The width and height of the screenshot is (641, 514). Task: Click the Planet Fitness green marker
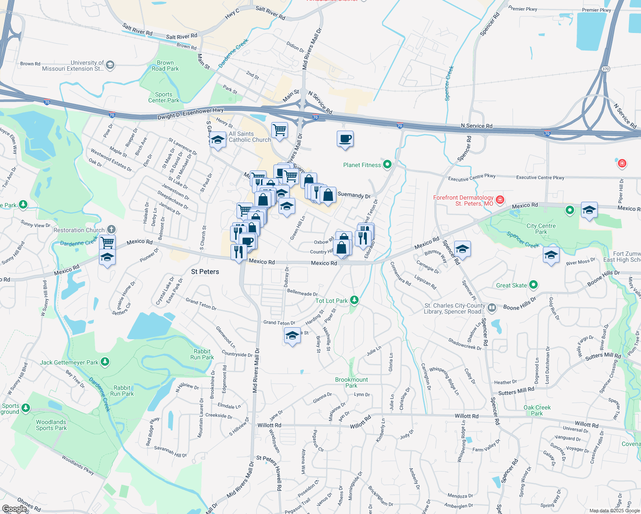[387, 164]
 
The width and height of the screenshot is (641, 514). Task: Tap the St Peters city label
[205, 272]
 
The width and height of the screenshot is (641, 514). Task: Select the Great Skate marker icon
[533, 285]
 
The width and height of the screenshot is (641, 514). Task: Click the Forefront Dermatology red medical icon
[500, 200]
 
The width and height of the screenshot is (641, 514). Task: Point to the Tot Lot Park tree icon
[354, 300]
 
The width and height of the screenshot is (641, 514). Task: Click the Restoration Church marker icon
[111, 230]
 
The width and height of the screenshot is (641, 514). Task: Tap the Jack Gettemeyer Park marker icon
[105, 362]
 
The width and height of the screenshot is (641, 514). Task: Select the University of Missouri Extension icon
[110, 65]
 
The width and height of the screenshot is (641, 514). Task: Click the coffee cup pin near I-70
[345, 139]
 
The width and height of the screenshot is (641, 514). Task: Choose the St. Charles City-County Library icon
[492, 308]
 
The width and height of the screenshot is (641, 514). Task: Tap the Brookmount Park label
[351, 383]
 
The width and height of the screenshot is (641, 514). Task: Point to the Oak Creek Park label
[537, 410]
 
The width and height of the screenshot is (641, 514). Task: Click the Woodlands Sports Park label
[51, 425]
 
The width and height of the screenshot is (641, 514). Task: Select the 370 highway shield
[605, 69]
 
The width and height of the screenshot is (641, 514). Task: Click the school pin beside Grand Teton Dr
[292, 335]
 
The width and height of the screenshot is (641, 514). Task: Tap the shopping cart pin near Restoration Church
[107, 242]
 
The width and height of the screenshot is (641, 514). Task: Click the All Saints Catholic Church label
[250, 137]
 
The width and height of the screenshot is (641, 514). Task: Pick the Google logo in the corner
[14, 509]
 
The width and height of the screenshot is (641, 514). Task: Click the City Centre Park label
[541, 229]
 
